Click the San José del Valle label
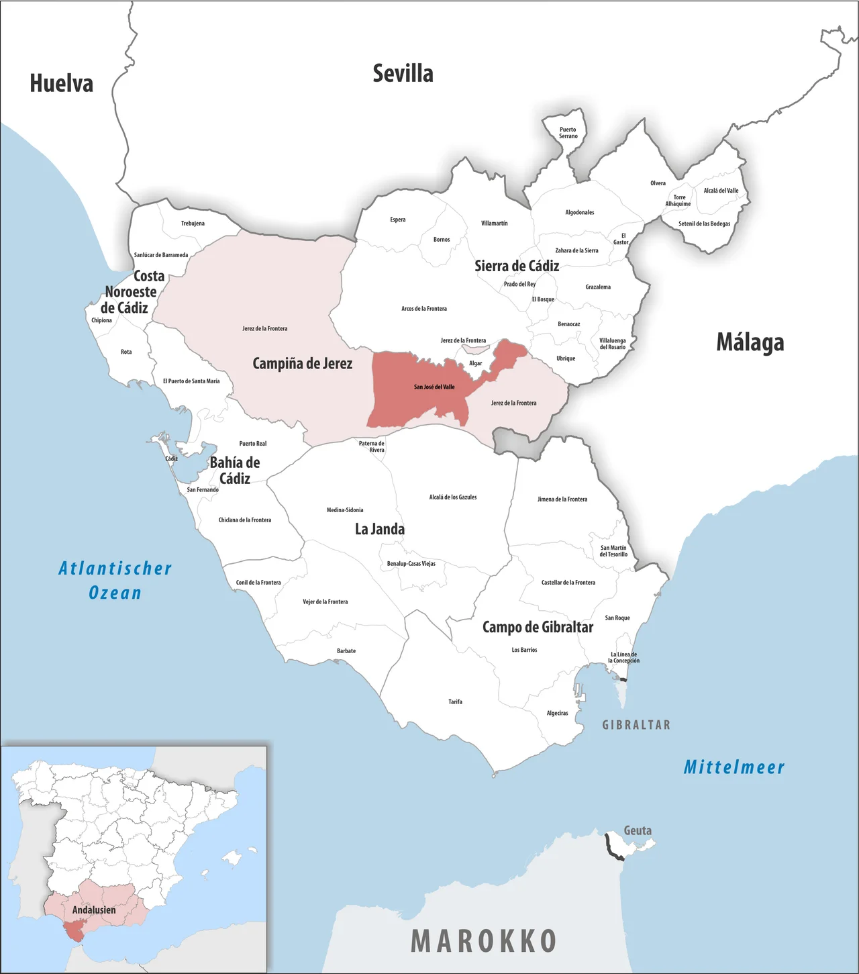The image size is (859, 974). [434, 387]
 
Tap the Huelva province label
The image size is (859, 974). [62, 83]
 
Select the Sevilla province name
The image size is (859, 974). [403, 73]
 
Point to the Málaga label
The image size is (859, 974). [750, 342]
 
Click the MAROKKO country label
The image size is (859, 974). [484, 941]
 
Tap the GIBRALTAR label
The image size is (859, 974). [636, 725]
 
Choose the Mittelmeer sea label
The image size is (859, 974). [734, 767]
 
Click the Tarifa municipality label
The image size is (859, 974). [455, 701]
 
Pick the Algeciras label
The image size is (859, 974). [557, 713]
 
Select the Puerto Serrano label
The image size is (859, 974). [568, 133]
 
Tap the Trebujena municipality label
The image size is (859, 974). [193, 223]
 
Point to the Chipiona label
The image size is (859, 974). [102, 320]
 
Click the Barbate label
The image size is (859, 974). [346, 650]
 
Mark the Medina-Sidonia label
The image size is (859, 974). [345, 510]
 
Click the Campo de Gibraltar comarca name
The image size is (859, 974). [538, 627]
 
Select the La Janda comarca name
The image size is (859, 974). [380, 529]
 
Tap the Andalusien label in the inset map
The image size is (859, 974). [94, 910]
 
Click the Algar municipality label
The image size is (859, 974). [475, 363]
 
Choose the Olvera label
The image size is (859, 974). [658, 183]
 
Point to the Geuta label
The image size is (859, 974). [638, 830]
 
